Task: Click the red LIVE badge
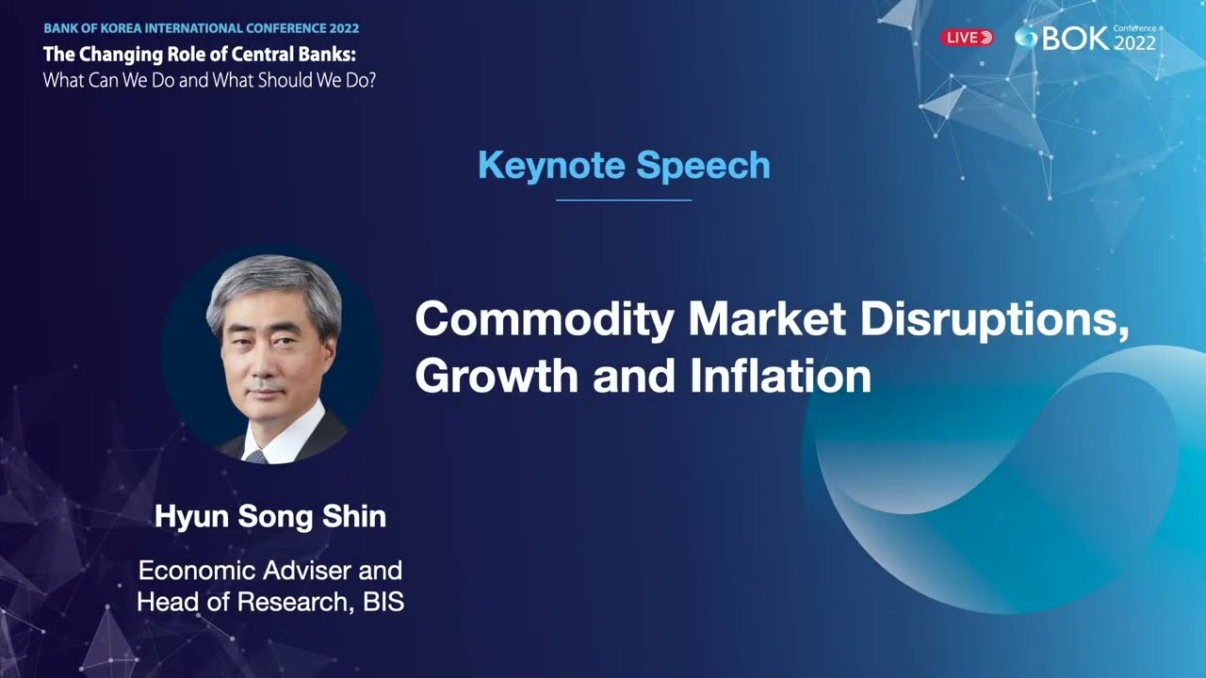click(x=967, y=38)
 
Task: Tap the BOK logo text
click(x=1062, y=39)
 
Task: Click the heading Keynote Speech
click(x=624, y=166)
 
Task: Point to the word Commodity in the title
click(x=544, y=321)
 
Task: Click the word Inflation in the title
click(x=780, y=376)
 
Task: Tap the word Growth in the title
click(x=497, y=376)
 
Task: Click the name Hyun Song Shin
click(x=270, y=517)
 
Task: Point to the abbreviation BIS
click(x=383, y=602)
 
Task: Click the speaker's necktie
click(x=255, y=457)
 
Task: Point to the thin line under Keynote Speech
click(x=624, y=200)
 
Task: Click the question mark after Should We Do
click(x=372, y=80)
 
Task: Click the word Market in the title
click(x=764, y=321)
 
